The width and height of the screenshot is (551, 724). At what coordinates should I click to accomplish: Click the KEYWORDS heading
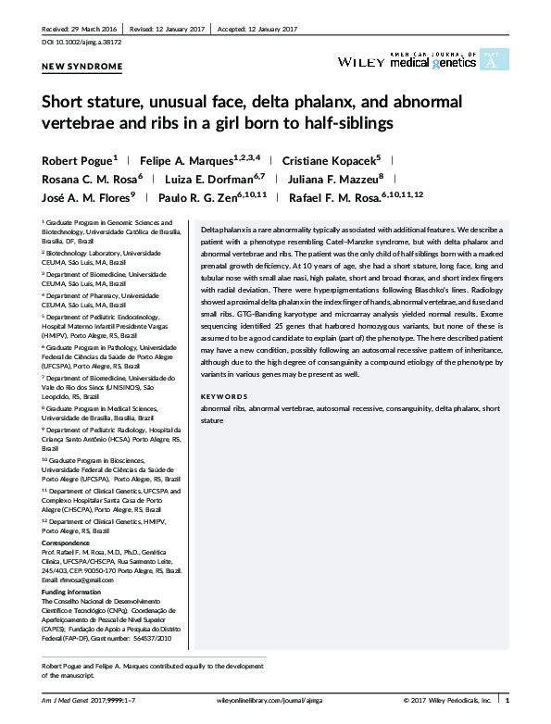(224, 396)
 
